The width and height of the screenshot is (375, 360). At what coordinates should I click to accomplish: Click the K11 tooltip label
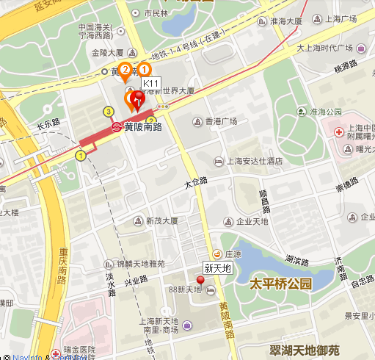[151, 84]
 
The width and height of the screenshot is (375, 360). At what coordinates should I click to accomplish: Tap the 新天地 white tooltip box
[217, 268]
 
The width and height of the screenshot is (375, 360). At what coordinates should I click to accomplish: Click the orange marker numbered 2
[125, 71]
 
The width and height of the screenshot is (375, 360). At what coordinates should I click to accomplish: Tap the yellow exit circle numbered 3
[109, 111]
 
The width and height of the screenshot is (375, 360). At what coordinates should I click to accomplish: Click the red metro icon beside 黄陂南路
[116, 126]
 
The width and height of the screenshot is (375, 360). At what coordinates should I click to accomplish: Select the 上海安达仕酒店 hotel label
[249, 161]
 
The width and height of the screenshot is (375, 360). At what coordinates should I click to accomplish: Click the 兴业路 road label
[135, 281]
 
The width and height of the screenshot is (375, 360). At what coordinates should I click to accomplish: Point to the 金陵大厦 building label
[108, 53]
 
